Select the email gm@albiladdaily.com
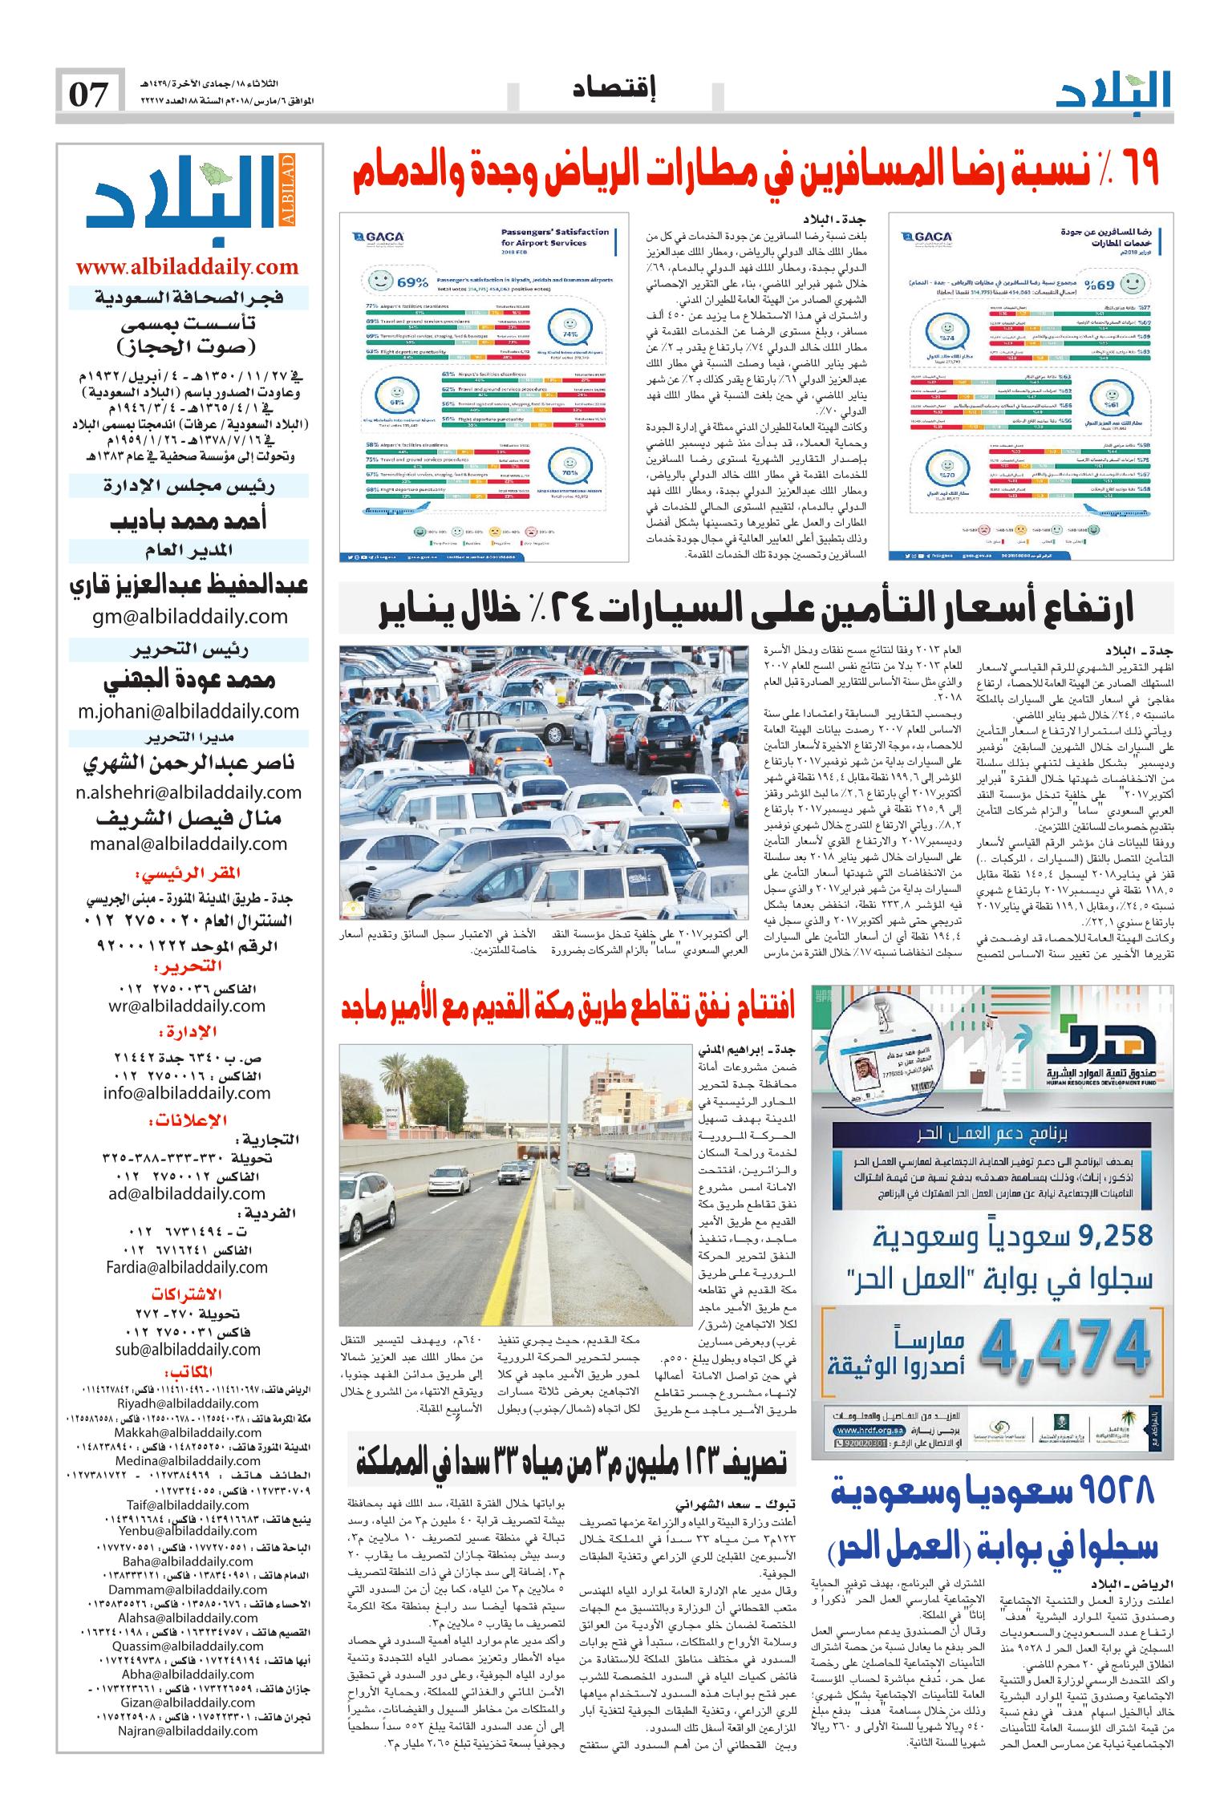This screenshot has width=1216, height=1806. (x=188, y=616)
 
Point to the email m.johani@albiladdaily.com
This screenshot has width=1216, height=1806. (x=188, y=711)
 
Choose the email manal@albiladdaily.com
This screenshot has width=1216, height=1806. (x=188, y=844)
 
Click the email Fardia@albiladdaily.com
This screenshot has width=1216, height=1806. (x=187, y=1267)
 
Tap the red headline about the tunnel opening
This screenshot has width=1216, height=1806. (x=567, y=1006)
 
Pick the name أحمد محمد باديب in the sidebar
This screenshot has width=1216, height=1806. (x=188, y=520)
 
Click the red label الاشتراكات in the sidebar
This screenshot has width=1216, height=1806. (x=187, y=1294)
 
